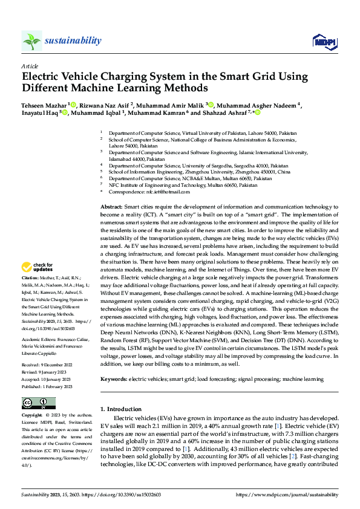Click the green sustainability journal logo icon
coord(32,41)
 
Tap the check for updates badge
coord(38,267)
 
